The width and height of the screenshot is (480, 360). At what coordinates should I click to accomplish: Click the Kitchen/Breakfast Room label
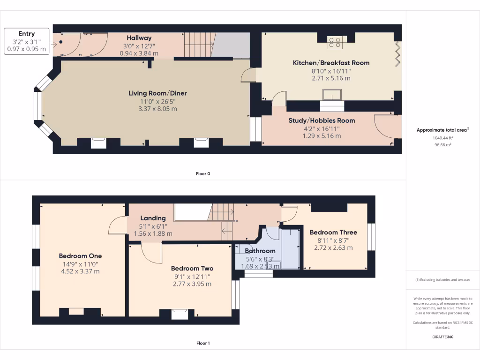click(x=331, y=63)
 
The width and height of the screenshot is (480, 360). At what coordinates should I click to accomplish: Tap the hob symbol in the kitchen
click(x=335, y=42)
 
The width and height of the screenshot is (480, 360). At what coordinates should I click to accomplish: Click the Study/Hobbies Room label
click(x=321, y=120)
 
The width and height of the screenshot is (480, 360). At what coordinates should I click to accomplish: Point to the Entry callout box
click(x=26, y=41)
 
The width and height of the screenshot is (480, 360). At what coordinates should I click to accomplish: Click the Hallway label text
click(x=139, y=38)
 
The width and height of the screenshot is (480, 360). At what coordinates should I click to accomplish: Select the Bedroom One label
click(x=80, y=256)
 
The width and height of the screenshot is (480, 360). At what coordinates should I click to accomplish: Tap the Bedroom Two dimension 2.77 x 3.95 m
click(x=193, y=284)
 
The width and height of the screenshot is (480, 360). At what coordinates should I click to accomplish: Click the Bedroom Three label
click(x=333, y=232)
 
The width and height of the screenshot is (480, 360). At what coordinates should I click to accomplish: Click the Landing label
click(x=153, y=218)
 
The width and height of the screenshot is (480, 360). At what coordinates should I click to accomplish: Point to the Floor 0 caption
click(x=203, y=174)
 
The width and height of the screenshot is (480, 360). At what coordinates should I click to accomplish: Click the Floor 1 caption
click(x=203, y=344)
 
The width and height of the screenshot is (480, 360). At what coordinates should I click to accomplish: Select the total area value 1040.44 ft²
click(x=442, y=138)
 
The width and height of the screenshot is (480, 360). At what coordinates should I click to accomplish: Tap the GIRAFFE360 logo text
click(x=442, y=337)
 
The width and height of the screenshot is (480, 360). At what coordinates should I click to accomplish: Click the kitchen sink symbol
click(x=332, y=97)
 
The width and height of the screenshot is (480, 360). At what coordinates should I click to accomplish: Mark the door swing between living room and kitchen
click(x=248, y=75)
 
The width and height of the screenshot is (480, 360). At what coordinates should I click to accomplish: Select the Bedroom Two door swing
click(x=150, y=254)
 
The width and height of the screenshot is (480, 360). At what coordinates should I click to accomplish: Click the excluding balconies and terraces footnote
click(x=442, y=280)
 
